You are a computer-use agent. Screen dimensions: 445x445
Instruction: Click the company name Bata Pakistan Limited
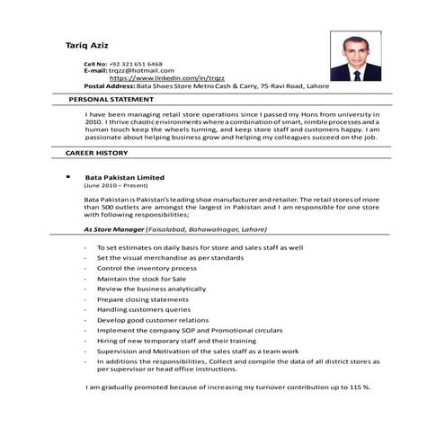pos(124,177)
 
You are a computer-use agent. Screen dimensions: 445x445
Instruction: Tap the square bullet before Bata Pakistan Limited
pos(68,176)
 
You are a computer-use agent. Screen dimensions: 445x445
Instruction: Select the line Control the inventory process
pos(147,268)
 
